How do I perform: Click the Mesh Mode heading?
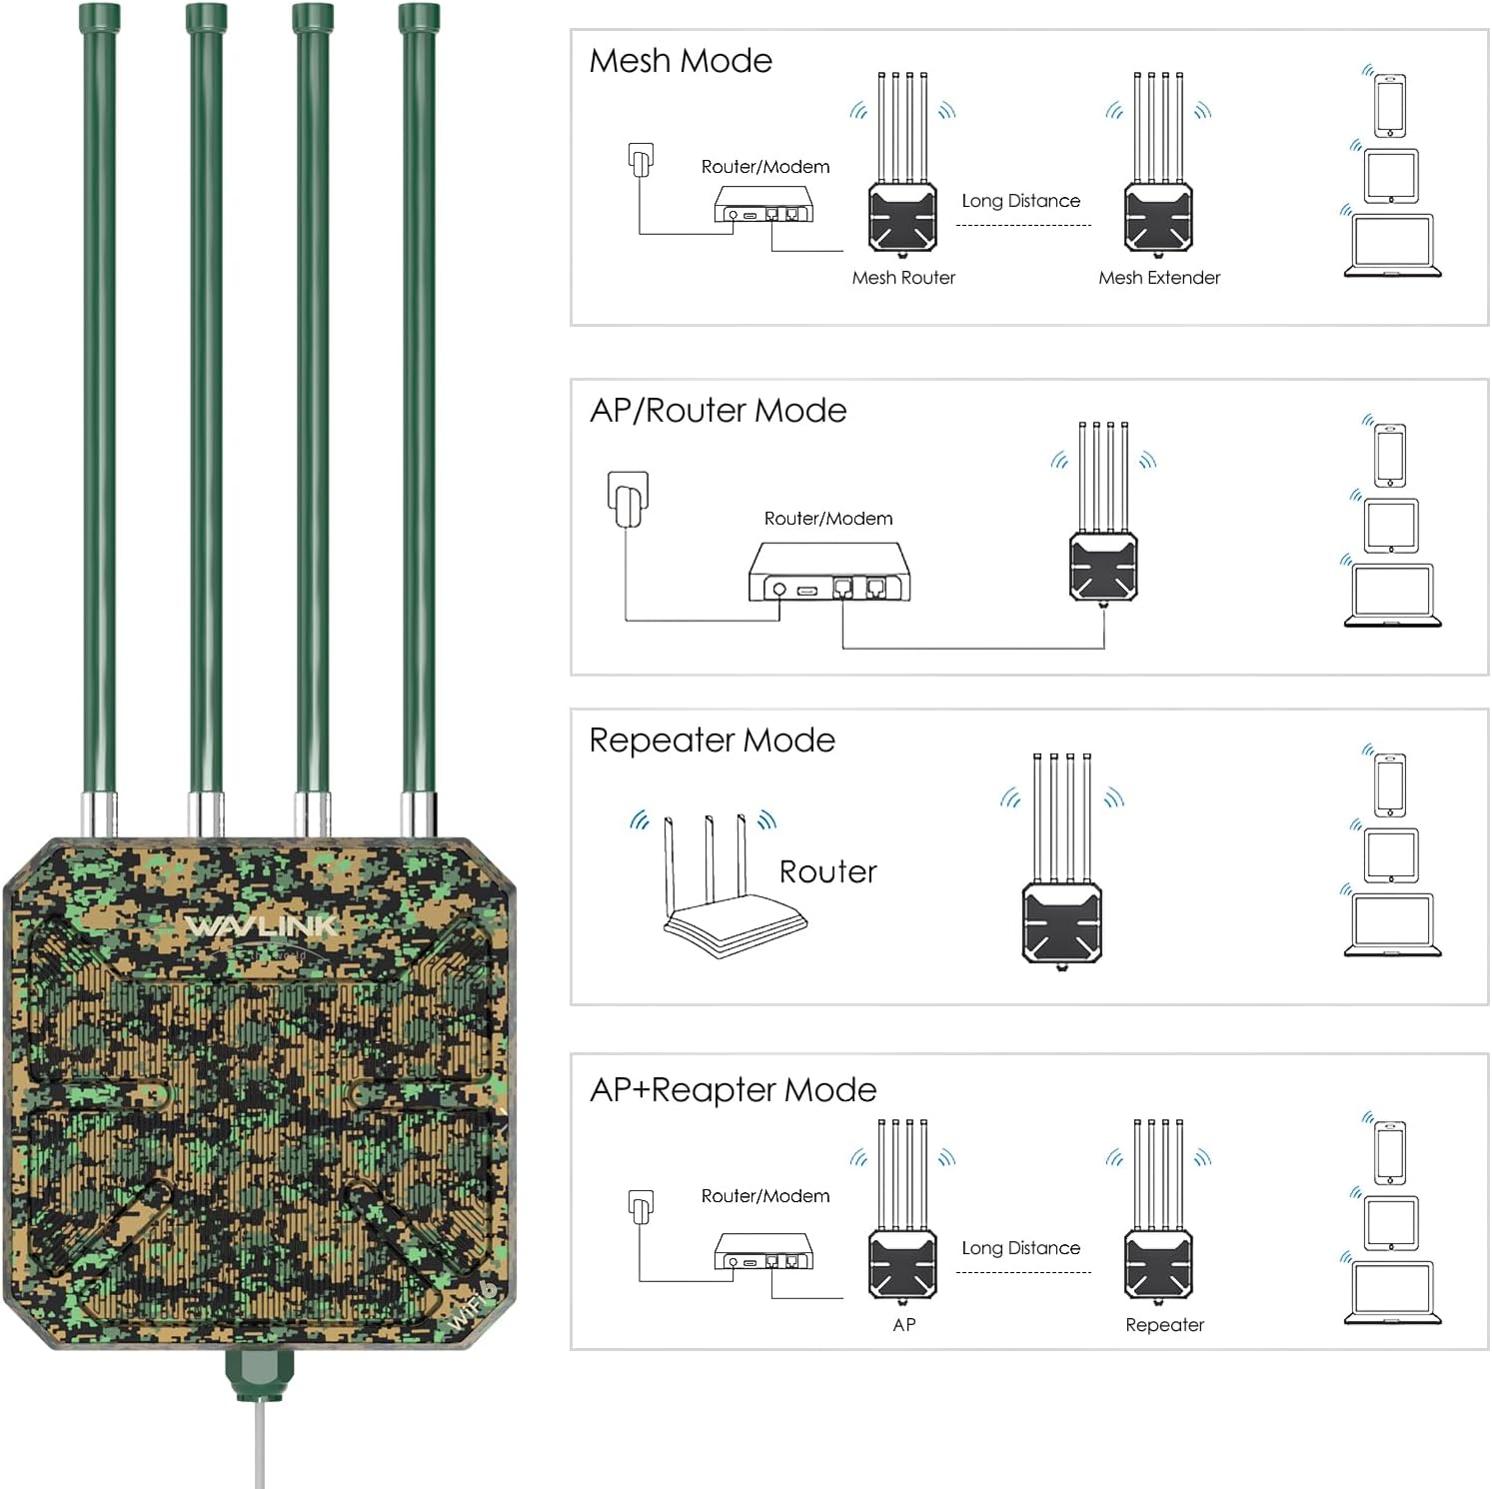[681, 61]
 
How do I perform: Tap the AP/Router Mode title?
[718, 411]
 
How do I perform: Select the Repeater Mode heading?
[712, 741]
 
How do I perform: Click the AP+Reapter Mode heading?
[733, 1089]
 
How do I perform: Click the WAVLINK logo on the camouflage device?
[262, 926]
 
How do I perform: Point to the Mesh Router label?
[903, 278]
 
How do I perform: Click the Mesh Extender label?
[1159, 278]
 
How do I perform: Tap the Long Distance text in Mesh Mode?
[1020, 201]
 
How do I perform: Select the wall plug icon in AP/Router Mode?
[629, 498]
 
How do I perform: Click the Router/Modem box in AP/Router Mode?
[828, 574]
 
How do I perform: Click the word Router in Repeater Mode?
[827, 872]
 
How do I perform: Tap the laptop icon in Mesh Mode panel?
[1392, 246]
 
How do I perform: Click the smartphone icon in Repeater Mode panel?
[1390, 784]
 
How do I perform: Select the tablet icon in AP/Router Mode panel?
[1391, 526]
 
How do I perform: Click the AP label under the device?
[903, 1325]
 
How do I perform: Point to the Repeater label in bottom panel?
[1164, 1325]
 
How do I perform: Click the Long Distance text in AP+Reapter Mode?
[1020, 1248]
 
